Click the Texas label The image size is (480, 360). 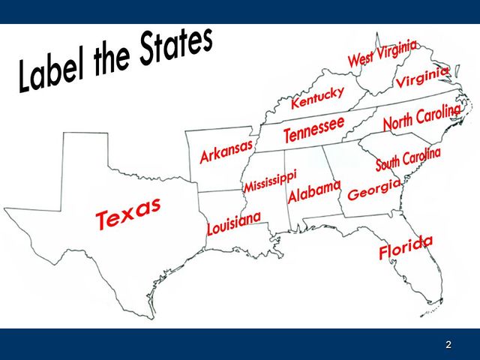tap(128, 213)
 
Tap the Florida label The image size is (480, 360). tap(406, 247)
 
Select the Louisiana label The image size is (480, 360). tap(233, 223)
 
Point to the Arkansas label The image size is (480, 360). tap(226, 151)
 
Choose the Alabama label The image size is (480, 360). tap(314, 191)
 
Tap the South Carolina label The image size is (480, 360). tap(408, 159)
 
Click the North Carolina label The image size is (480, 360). tap(421, 117)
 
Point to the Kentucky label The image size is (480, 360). tap(317, 97)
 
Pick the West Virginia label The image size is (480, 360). tap(382, 53)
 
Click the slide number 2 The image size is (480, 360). tap(448, 345)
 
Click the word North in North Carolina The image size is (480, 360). tap(399, 121)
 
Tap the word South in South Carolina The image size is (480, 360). tap(388, 163)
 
